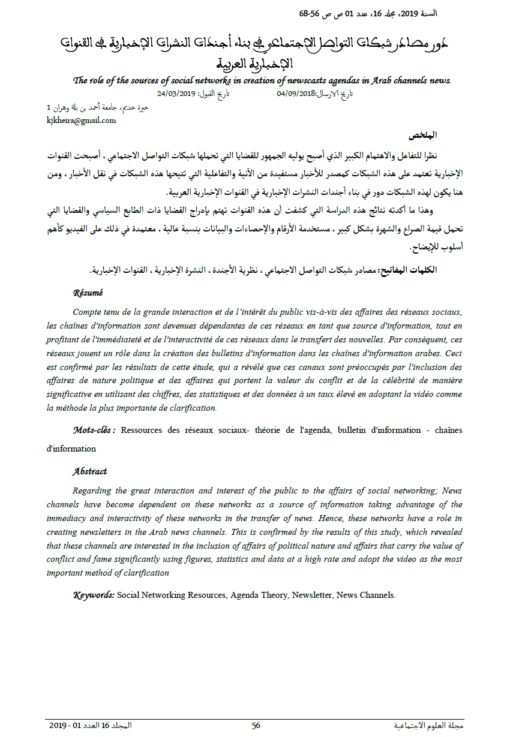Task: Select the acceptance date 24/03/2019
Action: pyautogui.click(x=178, y=94)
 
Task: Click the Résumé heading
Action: pyautogui.click(x=88, y=293)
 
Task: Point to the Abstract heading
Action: pyautogui.click(x=90, y=471)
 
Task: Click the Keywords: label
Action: pyautogui.click(x=94, y=595)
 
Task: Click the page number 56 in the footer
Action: pyautogui.click(x=256, y=725)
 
